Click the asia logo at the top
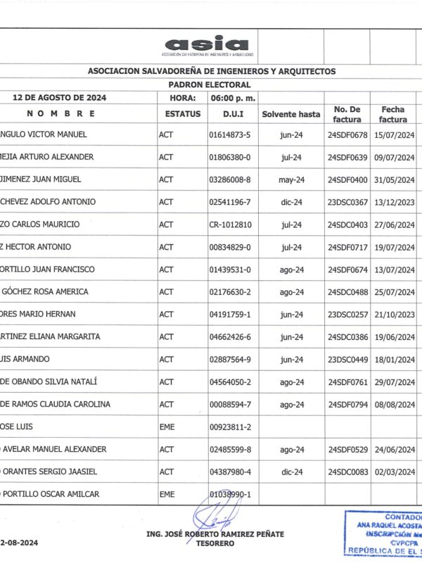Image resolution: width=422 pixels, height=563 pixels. (207, 46)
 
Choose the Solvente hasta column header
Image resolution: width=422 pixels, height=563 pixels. (290, 114)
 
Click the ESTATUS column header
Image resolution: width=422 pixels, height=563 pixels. (183, 114)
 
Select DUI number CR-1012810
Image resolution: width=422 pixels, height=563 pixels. (230, 224)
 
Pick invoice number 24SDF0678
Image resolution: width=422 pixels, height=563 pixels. (347, 134)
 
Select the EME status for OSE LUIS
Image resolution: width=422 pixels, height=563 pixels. (167, 427)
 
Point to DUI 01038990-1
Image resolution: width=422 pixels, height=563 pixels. (230, 495)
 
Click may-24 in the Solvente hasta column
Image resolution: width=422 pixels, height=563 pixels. (290, 179)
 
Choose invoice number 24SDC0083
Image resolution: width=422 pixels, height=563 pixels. (347, 472)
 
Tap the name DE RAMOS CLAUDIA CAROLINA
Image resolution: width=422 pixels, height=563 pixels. (55, 405)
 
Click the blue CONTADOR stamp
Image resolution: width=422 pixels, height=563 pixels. (384, 532)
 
